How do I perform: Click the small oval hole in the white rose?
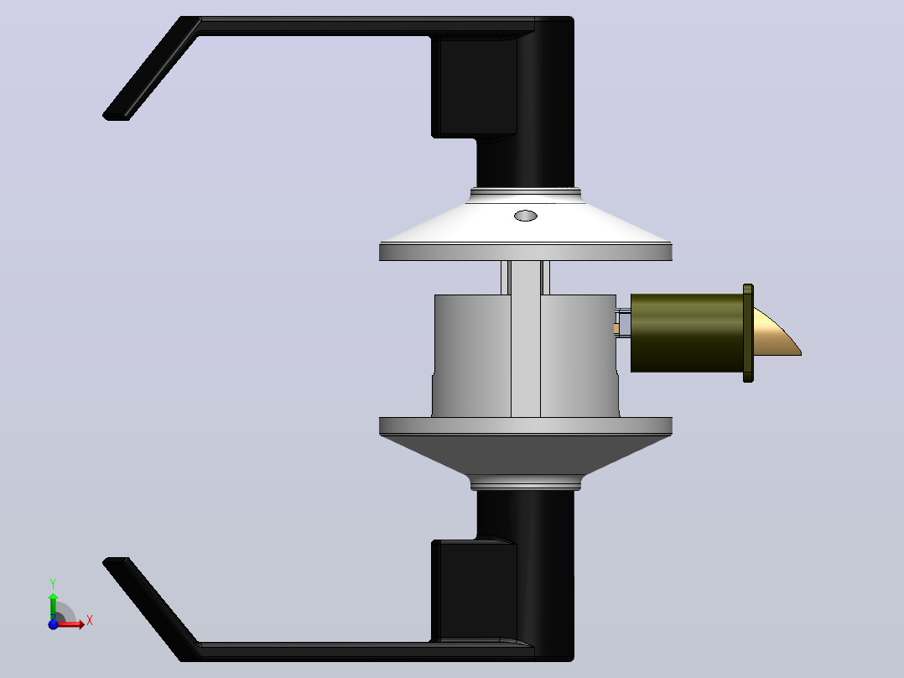525,216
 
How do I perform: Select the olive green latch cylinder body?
687,333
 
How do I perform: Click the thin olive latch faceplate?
748,333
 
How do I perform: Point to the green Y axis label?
53,584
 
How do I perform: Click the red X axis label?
90,621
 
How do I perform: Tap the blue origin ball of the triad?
53,623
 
